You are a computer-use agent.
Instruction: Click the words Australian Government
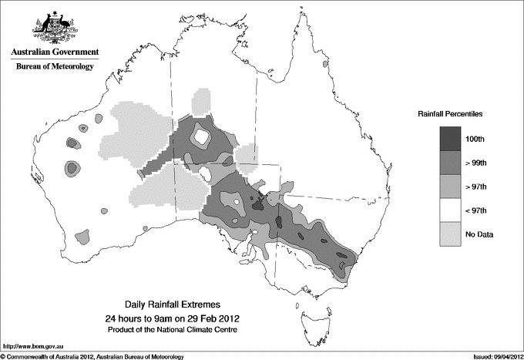tap(54, 52)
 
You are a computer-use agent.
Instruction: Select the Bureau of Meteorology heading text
tap(54, 67)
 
